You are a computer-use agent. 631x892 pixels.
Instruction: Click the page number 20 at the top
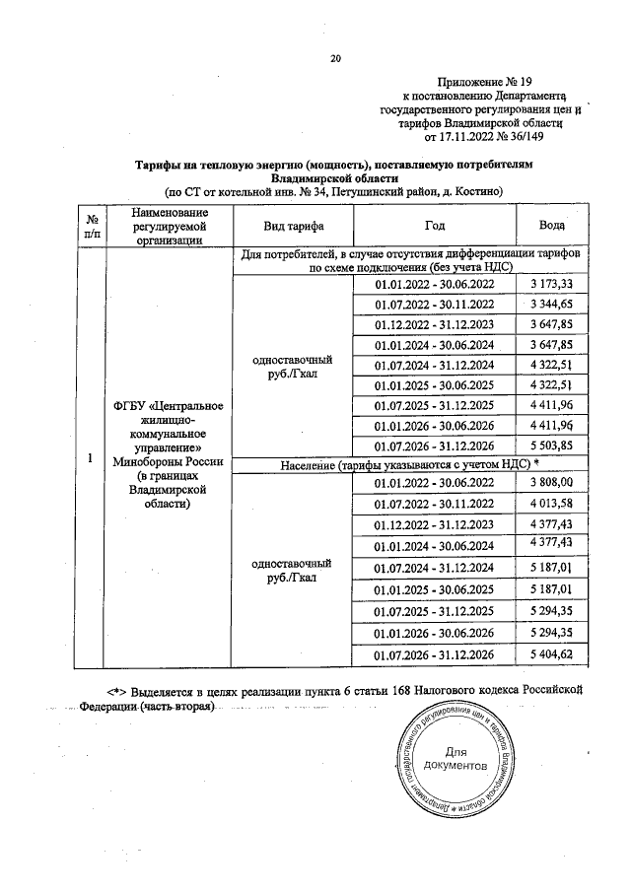click(x=334, y=59)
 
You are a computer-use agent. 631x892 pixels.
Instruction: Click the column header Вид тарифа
click(x=291, y=226)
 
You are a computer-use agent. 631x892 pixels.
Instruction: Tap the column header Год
click(x=435, y=226)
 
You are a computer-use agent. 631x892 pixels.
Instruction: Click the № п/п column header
click(x=91, y=226)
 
